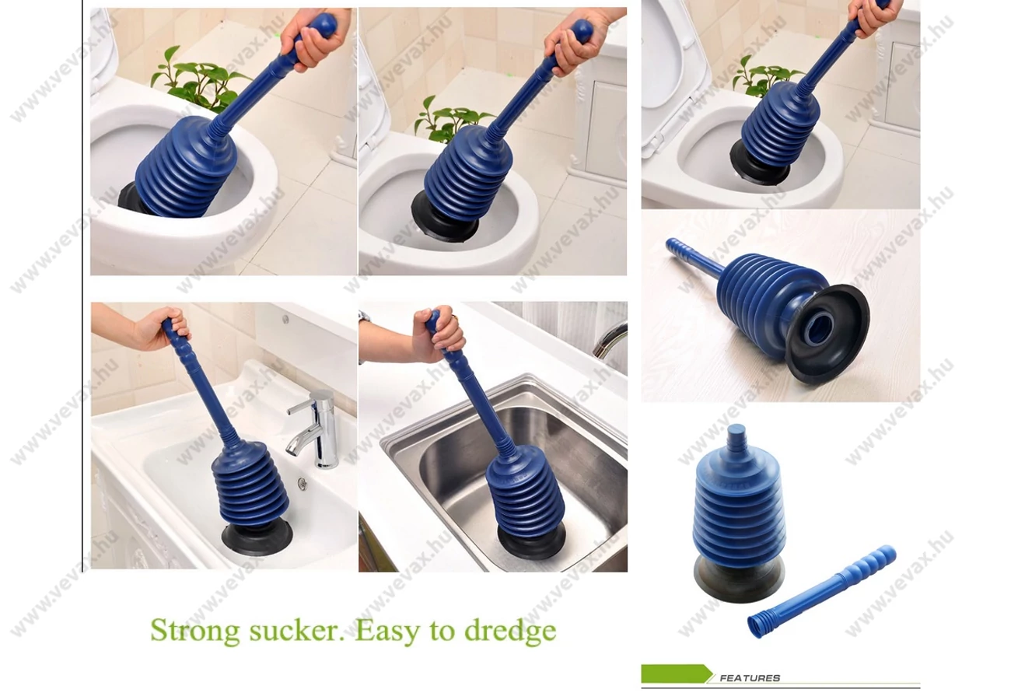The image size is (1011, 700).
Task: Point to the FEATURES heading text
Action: point(750,678)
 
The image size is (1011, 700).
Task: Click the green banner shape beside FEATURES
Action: point(676,674)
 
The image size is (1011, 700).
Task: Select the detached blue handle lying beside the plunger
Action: point(821,592)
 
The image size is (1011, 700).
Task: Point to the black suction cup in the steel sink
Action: point(531,541)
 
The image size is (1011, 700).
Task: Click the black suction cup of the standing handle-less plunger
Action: point(739,579)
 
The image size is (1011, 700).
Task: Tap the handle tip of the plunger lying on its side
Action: point(670,243)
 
